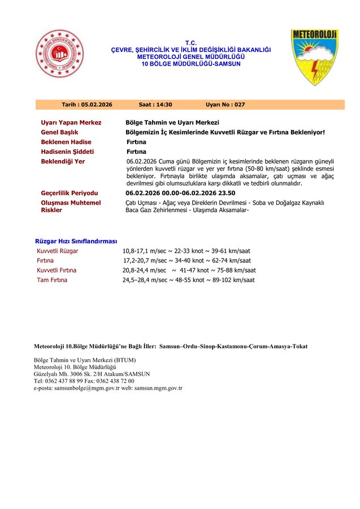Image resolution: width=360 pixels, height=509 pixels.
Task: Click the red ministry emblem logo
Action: (x=59, y=57)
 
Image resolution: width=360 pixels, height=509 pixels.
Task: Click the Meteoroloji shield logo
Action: (x=315, y=57)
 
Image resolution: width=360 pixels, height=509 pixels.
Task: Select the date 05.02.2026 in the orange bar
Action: (x=97, y=105)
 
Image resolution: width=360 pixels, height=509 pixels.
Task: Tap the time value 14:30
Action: (x=163, y=105)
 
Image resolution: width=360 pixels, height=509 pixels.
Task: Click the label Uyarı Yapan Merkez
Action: (x=71, y=122)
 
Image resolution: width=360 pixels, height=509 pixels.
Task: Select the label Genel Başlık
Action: (x=60, y=132)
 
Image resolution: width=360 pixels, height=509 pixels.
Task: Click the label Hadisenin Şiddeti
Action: (x=67, y=152)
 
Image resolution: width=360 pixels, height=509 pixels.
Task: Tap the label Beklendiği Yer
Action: (x=63, y=162)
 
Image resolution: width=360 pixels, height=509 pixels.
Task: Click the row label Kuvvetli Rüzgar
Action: (x=58, y=251)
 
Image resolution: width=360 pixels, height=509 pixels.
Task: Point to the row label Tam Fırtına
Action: (x=51, y=280)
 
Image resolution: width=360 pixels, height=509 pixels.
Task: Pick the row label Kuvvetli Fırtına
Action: (x=57, y=270)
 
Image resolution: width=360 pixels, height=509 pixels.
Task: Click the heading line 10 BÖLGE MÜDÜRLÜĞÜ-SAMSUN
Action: (x=191, y=64)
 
